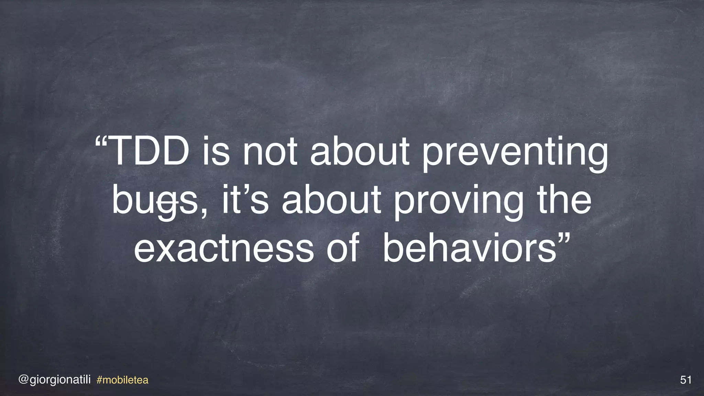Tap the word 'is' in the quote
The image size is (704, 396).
(x=216, y=152)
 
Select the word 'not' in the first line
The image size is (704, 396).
(x=270, y=152)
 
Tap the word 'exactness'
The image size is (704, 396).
(x=224, y=248)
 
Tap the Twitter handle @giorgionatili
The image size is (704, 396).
(x=55, y=380)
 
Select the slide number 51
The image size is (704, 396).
(x=686, y=380)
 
